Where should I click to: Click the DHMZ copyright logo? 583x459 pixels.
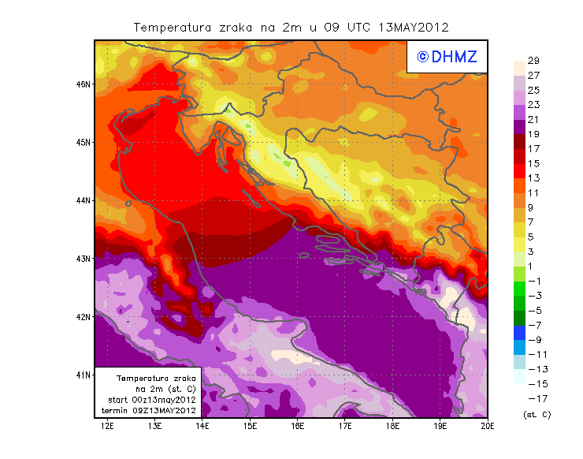tap(446, 56)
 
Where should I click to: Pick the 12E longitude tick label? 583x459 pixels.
tap(108, 427)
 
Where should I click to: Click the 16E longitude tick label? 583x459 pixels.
tap(298, 427)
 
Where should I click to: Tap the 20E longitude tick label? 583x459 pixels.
tap(488, 427)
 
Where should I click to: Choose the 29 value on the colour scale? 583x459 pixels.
tap(533, 61)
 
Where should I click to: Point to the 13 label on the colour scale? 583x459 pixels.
tap(533, 178)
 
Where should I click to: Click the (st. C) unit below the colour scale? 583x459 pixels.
tap(537, 414)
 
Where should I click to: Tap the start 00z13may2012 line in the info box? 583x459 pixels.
tap(151, 400)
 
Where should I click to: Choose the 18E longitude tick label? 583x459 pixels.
tap(392, 427)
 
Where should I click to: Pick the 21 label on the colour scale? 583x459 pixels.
tap(533, 119)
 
